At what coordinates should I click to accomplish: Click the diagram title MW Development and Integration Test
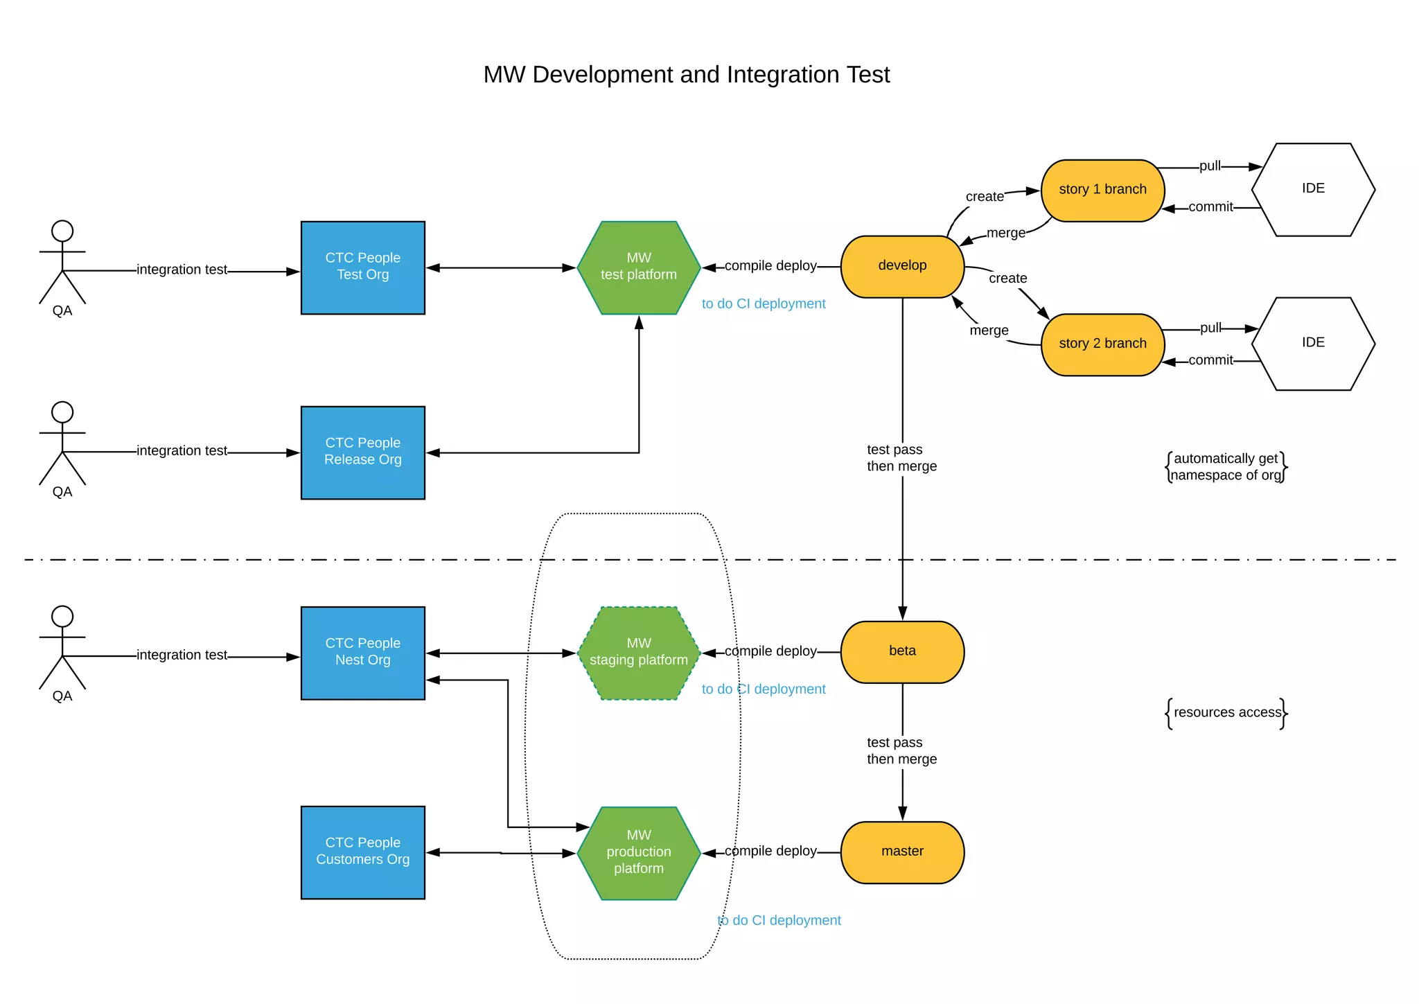click(686, 74)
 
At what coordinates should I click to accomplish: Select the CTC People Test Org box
click(362, 267)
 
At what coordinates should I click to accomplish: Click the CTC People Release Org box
click(362, 452)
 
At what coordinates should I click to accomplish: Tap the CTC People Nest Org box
click(362, 653)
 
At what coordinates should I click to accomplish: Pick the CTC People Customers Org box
click(362, 852)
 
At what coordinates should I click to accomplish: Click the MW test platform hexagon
click(638, 267)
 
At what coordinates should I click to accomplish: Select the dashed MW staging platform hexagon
click(638, 653)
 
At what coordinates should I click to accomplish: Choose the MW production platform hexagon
click(638, 852)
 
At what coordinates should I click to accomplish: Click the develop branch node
click(902, 266)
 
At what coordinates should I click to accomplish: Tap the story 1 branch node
click(1102, 190)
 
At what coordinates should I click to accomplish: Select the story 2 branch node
click(1102, 344)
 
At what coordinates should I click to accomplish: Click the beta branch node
click(902, 651)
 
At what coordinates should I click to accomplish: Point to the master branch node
click(902, 852)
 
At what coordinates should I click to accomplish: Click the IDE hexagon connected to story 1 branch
click(1313, 189)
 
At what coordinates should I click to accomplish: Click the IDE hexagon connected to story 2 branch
click(1313, 343)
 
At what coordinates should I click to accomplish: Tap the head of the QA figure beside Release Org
click(62, 412)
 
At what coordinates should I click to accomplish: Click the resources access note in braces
click(1226, 712)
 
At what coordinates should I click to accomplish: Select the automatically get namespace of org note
click(1226, 467)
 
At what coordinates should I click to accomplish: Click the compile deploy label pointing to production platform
click(770, 851)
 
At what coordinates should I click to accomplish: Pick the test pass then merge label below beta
click(901, 750)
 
